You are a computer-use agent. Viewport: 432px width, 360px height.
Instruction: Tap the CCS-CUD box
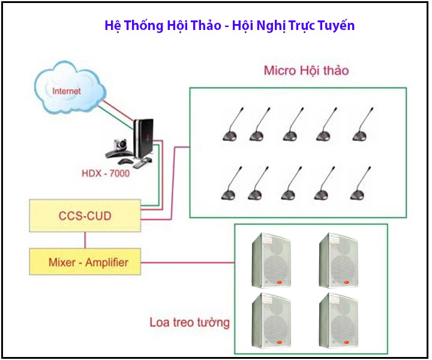85,216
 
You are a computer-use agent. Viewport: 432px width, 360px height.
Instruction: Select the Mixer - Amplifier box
85,262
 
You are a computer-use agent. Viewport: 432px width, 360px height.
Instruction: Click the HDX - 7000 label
106,174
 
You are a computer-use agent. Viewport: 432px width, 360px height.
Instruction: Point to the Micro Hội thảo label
306,71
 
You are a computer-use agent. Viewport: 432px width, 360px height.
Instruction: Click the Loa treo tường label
189,322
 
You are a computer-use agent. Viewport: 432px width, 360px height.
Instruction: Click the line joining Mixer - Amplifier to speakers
187,262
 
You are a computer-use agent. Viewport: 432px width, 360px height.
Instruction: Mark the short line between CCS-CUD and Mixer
85,239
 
